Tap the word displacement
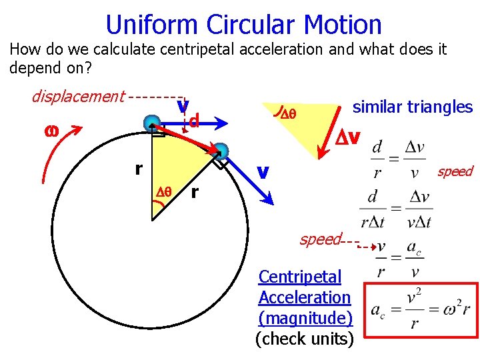[x=78, y=97]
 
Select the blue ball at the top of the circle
[x=153, y=123]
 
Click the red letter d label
[x=195, y=121]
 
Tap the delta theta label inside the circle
[x=164, y=191]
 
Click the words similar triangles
[x=412, y=107]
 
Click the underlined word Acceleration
[x=304, y=297]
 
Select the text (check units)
[x=305, y=339]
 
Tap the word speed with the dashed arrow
[x=321, y=239]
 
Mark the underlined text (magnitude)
[x=305, y=318]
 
